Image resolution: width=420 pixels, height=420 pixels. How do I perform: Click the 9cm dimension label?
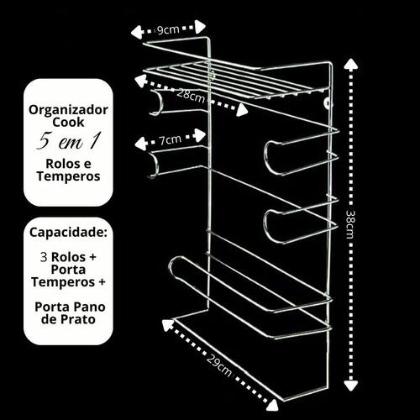168,29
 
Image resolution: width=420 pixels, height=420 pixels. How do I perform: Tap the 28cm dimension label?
191,96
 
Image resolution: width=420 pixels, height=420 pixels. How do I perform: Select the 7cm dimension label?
170,139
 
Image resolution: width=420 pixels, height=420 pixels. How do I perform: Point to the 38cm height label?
350,224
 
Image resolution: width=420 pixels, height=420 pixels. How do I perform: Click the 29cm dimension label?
219,365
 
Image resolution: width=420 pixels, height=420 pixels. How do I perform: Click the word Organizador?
68,110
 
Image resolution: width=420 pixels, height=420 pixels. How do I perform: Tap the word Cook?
68,123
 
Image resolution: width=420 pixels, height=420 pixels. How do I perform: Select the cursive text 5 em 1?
68,141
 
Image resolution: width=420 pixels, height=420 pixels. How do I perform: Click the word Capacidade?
67,233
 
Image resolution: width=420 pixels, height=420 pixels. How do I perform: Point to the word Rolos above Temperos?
68,164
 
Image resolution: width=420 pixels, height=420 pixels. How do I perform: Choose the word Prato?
76,319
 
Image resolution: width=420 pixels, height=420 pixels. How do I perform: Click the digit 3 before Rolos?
44,257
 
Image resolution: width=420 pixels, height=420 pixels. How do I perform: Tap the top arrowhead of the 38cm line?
350,65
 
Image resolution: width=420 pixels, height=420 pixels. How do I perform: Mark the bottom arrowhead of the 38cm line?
350,385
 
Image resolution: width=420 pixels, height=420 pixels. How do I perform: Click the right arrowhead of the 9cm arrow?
201,27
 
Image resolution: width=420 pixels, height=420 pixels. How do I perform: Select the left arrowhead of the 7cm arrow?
140,144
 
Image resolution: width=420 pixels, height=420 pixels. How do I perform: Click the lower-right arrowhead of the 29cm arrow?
272,405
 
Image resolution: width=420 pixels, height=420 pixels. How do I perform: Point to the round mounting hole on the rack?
328,103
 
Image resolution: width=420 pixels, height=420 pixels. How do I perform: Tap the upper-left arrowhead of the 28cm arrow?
139,80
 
